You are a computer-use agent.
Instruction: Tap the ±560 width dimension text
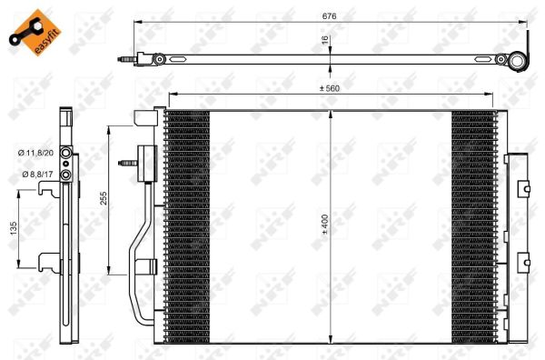click(330, 89)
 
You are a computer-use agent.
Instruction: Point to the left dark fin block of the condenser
click(187, 218)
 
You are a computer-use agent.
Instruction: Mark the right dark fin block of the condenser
click(472, 218)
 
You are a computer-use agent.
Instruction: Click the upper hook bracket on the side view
click(47, 189)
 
